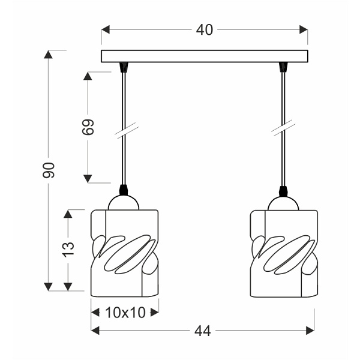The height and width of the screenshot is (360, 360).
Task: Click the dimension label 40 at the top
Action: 204,29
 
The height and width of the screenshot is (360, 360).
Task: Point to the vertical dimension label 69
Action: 88,127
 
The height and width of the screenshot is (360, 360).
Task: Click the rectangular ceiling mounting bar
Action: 204,56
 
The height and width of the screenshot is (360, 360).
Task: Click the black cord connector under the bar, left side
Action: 124,67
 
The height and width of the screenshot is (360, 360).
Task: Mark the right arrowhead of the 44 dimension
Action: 310,331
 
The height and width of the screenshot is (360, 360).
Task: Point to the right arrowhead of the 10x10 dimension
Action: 155,312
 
